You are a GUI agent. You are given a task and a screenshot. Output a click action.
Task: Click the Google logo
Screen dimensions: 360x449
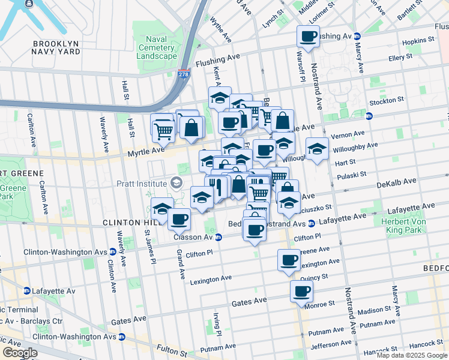click(20, 353)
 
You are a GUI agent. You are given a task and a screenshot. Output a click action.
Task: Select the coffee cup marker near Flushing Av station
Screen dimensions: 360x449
click(309, 37)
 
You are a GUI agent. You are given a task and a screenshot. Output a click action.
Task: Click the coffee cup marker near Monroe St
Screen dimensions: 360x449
click(302, 292)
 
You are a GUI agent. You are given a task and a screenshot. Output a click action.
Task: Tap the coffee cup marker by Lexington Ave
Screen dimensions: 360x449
click(289, 260)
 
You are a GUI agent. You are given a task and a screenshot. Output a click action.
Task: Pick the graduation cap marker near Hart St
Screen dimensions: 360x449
click(317, 149)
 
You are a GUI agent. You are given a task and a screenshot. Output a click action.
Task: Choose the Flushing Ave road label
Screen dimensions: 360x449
click(217, 60)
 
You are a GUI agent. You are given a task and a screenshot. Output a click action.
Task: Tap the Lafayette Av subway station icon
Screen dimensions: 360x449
click(27, 291)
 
